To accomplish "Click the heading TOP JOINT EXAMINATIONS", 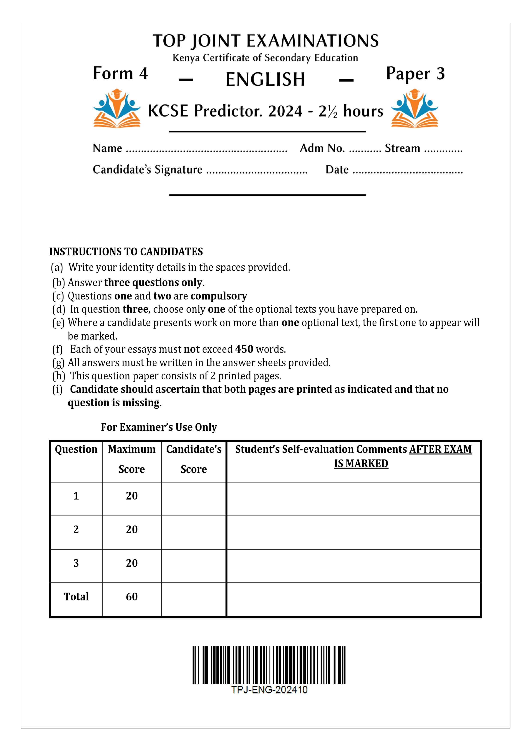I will click(265, 41).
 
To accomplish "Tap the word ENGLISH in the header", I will click(265, 79).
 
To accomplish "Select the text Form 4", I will click(120, 73).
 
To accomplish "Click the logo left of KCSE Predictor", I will click(117, 108).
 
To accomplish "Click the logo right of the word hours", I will click(415, 108).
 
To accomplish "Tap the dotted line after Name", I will click(206, 150).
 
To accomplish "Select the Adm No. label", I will click(322, 148).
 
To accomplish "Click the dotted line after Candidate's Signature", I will click(257, 172).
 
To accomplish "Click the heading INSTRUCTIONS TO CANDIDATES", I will click(126, 252).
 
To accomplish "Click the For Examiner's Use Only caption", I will click(159, 427).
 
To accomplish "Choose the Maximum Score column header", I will click(131, 459).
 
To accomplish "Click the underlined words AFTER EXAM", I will click(440, 449).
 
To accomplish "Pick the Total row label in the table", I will click(76, 597).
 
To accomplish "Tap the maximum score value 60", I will click(131, 597).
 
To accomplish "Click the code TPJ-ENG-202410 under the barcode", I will click(269, 690).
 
